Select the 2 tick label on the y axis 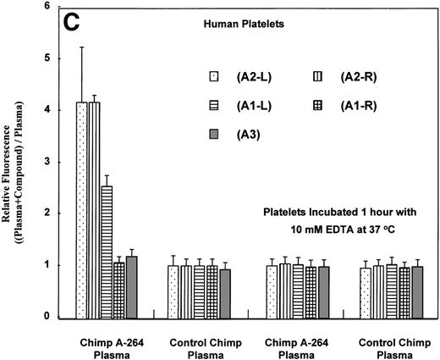(x=53, y=213)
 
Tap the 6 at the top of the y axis (x=53, y=7)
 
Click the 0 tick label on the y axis (x=53, y=317)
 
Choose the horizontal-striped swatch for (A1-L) (x=217, y=106)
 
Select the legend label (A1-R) (x=350, y=106)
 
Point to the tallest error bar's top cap (x=81, y=47)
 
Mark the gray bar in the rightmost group (x=415, y=291)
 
